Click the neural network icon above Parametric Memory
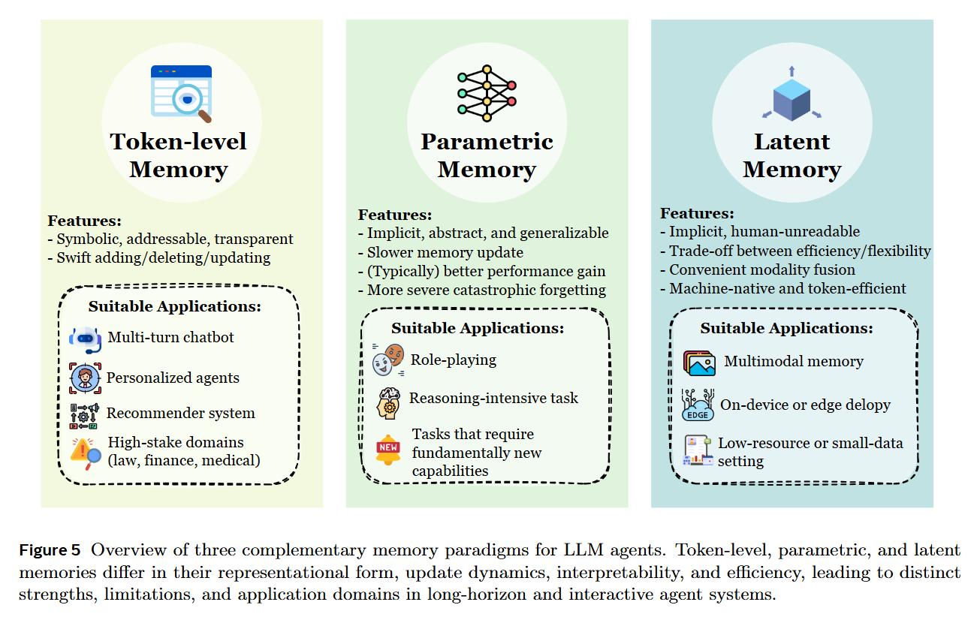tap(487, 93)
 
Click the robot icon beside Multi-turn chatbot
tap(85, 339)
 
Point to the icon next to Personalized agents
tap(85, 378)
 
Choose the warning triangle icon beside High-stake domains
tap(85, 452)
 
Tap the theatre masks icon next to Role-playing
tap(389, 360)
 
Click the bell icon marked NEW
tap(388, 449)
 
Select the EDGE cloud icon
tap(697, 405)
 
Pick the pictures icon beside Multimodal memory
tap(699, 362)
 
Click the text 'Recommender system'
tap(180, 413)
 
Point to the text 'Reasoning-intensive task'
tap(493, 398)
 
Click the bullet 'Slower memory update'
tap(445, 252)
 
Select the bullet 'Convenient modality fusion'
tap(761, 269)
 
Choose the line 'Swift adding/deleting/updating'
tap(163, 257)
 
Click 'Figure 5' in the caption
tap(50, 551)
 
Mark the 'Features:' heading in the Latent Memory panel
tap(697, 213)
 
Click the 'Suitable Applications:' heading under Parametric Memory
tap(477, 328)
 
